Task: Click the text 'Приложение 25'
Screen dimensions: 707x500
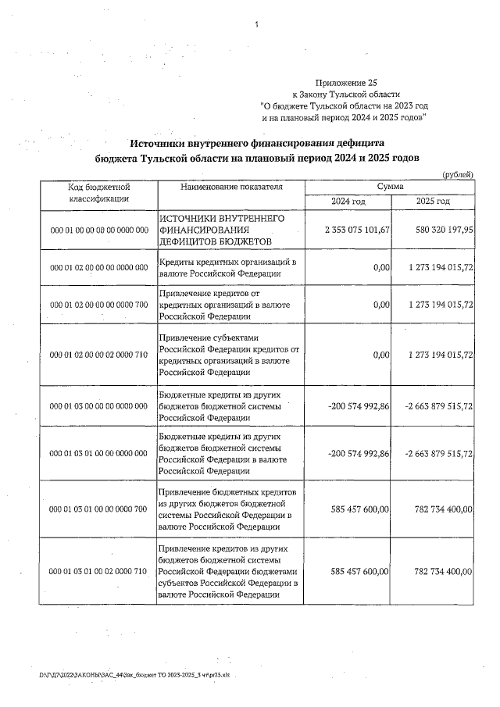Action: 345,82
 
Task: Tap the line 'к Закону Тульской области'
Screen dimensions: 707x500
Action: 345,93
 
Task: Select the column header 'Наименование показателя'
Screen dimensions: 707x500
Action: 231,187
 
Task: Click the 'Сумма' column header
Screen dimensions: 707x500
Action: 390,187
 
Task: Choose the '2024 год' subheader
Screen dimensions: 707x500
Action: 348,202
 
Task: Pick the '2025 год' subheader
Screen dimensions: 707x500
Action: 433,202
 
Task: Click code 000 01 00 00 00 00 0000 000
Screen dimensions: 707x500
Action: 98,231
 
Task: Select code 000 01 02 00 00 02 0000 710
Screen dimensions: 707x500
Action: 98,355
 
